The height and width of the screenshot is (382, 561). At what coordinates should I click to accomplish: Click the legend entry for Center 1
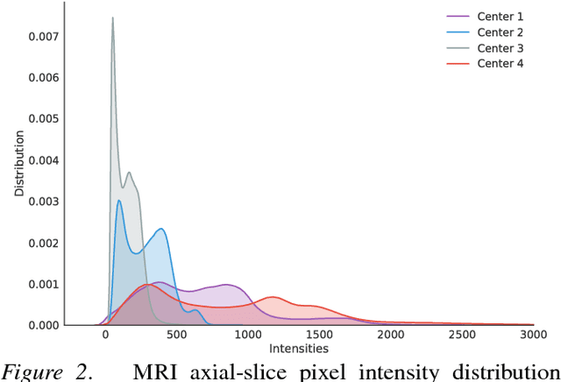click(x=500, y=17)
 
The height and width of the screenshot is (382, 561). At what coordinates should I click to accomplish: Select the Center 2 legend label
click(x=500, y=32)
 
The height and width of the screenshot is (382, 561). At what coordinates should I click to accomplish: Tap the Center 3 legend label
click(x=500, y=48)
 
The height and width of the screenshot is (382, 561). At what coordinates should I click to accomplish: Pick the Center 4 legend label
click(x=500, y=64)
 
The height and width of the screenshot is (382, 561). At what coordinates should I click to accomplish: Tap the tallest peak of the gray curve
click(x=112, y=18)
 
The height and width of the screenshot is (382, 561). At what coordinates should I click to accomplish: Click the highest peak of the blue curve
click(x=119, y=201)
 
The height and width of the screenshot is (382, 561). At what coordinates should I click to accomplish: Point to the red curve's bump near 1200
click(x=273, y=297)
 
